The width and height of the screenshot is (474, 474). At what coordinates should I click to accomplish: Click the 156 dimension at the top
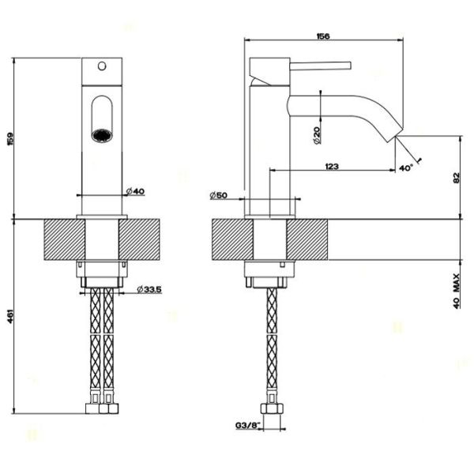(323, 36)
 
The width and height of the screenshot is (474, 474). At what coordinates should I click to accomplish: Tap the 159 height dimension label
(10, 139)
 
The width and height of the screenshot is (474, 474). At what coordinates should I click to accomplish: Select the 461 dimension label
(10, 316)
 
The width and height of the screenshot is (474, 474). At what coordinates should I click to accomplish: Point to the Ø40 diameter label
(135, 191)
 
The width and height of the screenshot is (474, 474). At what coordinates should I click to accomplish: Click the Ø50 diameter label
(218, 195)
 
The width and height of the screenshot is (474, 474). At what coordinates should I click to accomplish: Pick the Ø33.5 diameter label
(149, 289)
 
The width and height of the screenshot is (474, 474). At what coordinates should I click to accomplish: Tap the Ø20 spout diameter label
(317, 135)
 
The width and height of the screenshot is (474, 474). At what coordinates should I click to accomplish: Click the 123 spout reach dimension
(332, 166)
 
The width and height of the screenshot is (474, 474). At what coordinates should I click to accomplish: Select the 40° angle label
(406, 167)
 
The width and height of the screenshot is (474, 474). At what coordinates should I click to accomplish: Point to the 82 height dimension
(456, 178)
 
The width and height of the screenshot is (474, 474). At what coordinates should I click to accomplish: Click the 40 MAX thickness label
(457, 291)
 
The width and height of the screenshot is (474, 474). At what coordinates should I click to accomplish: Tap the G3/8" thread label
(247, 425)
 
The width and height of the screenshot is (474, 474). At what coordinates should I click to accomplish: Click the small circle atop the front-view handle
(102, 66)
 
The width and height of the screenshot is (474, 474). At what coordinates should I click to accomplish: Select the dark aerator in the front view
(102, 135)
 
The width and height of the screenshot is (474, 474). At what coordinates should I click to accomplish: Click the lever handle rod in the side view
(321, 66)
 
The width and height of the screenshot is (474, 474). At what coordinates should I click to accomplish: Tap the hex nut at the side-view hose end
(272, 409)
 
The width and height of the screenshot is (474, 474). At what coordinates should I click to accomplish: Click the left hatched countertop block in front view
(65, 239)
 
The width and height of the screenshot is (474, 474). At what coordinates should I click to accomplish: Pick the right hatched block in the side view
(307, 239)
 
